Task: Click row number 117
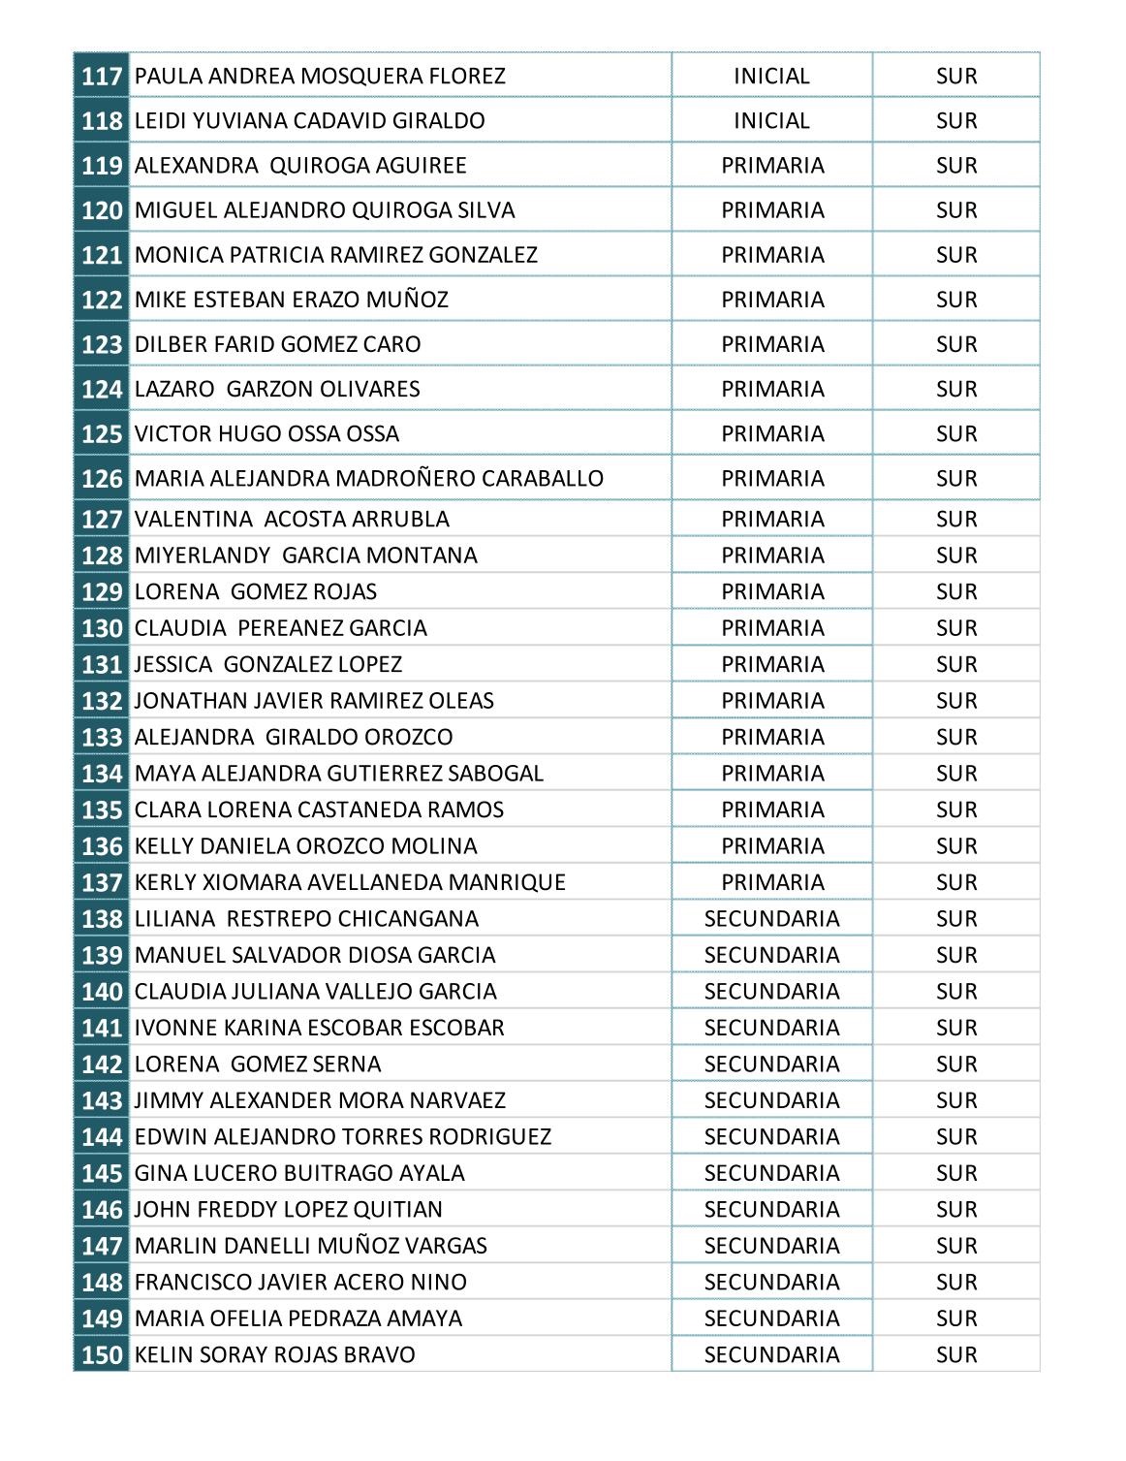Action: (x=102, y=76)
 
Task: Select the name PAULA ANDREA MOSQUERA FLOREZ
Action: (x=320, y=76)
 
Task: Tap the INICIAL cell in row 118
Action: (x=771, y=120)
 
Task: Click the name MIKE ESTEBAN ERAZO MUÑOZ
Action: (x=292, y=300)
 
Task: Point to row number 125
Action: (x=102, y=433)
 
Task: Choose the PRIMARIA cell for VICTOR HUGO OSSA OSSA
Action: (x=772, y=433)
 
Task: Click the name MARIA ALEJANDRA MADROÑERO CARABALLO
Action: (x=369, y=478)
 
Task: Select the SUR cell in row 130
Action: (x=956, y=628)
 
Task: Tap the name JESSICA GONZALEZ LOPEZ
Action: (x=268, y=664)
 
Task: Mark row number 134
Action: (x=102, y=774)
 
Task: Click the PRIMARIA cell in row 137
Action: (x=772, y=882)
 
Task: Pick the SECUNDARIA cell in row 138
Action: (x=771, y=918)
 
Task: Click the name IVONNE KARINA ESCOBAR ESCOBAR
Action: (x=320, y=1028)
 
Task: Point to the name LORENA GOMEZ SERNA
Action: (x=258, y=1064)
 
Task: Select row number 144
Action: (x=102, y=1136)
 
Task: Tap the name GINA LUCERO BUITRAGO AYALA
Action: (x=299, y=1173)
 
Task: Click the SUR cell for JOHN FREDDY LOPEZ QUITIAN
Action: (x=956, y=1209)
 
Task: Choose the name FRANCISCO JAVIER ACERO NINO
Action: (x=300, y=1282)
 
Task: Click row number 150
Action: (x=102, y=1354)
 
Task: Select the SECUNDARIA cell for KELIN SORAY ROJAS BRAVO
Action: (x=771, y=1354)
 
